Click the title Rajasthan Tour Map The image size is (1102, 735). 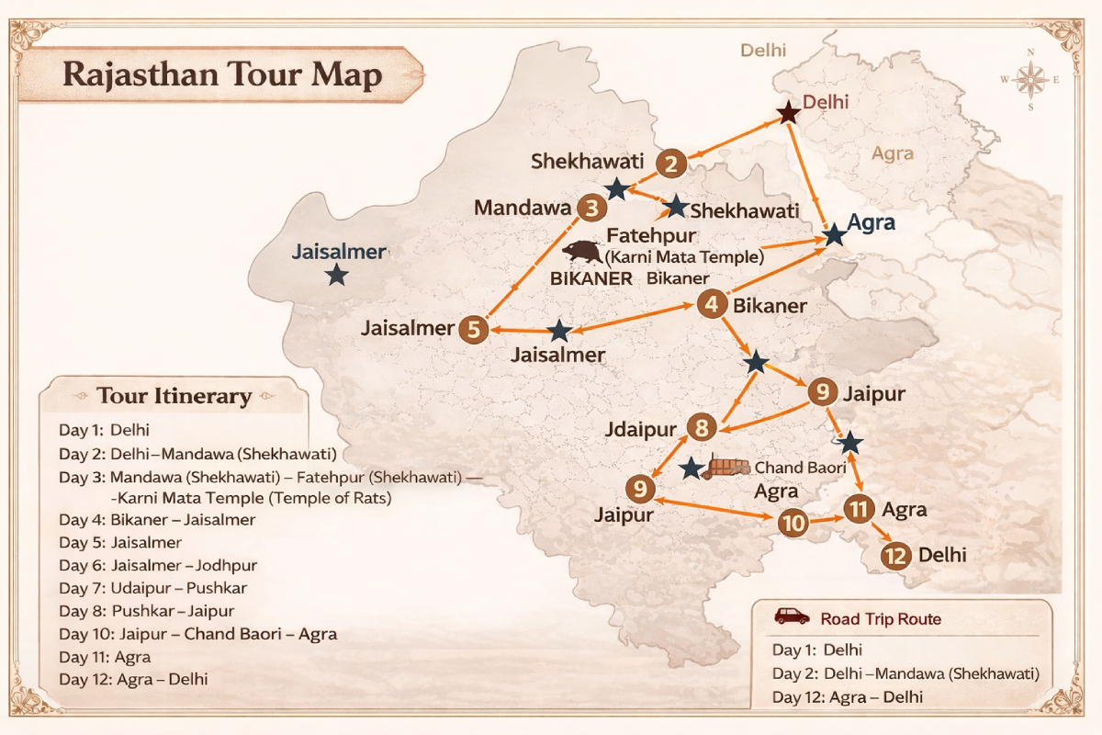tap(221, 74)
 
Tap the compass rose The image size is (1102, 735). tap(1032, 80)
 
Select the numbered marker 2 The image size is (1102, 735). tap(672, 164)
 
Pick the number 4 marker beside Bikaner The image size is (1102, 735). tap(712, 304)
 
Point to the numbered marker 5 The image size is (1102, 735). tap(473, 329)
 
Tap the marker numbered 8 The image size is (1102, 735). tap(702, 427)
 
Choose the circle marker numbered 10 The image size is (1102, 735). tap(793, 524)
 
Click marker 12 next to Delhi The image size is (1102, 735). tap(896, 555)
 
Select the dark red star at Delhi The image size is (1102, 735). tap(788, 113)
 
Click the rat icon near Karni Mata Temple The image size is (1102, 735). tap(583, 252)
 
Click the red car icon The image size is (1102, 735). tap(792, 616)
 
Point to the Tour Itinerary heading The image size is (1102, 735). tap(174, 396)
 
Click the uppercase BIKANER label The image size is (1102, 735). tap(590, 278)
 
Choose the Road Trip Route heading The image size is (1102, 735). tap(881, 619)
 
